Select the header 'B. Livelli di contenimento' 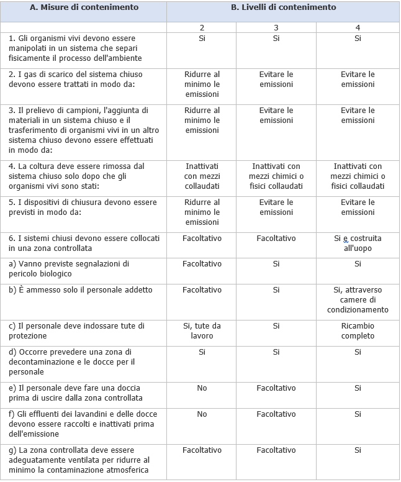(283, 7)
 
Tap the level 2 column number (202, 28)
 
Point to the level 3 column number (276, 28)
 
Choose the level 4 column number (358, 28)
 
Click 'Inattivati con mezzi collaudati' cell (202, 176)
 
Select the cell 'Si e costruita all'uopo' (358, 243)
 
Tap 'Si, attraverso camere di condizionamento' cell (358, 299)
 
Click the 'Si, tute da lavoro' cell (202, 330)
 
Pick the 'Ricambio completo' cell (358, 330)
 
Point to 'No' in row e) (202, 388)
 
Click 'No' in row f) (202, 414)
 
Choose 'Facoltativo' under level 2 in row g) (202, 450)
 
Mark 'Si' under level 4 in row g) (358, 450)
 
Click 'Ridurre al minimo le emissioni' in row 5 (202, 212)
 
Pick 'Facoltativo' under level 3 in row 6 (276, 238)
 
